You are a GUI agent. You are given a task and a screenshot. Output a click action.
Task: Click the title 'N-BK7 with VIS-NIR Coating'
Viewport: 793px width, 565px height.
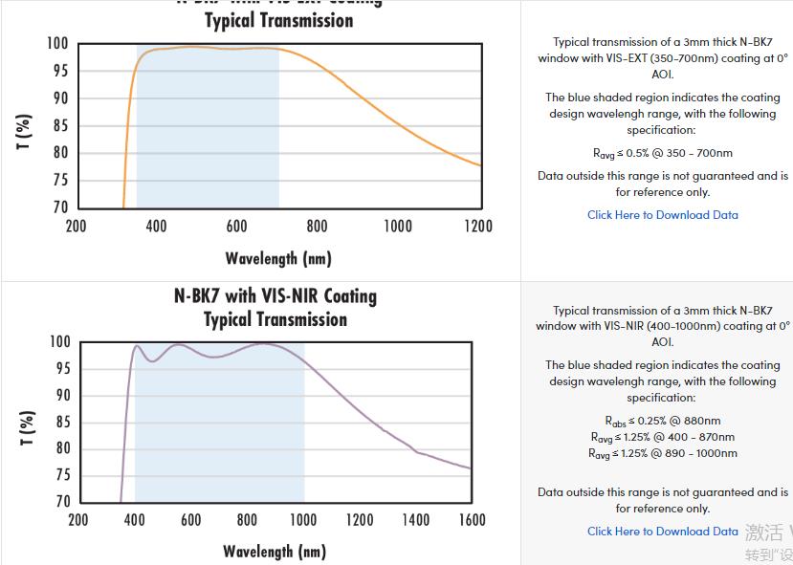coord(275,295)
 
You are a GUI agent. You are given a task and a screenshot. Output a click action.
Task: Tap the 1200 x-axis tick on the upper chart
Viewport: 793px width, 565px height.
coord(478,227)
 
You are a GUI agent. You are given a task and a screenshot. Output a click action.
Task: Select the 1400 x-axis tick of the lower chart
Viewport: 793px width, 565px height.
coord(416,520)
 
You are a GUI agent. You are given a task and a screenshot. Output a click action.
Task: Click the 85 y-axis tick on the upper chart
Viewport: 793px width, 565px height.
coord(60,125)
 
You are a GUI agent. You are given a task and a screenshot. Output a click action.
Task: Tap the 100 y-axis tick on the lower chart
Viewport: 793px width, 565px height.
coord(58,342)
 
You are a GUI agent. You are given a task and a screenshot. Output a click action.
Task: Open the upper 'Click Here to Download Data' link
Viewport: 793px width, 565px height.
coord(662,215)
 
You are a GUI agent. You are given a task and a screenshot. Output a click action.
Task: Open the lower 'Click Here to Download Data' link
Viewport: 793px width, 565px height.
coord(662,532)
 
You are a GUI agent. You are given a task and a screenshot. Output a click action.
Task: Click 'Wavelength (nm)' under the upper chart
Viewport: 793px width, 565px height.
coord(278,258)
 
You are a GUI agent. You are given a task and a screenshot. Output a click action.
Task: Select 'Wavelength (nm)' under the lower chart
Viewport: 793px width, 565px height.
coord(275,551)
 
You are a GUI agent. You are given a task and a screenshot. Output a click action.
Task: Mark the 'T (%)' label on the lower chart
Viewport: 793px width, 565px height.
coord(26,427)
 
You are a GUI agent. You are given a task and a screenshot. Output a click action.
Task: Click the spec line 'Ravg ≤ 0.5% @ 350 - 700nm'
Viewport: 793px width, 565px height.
coord(662,153)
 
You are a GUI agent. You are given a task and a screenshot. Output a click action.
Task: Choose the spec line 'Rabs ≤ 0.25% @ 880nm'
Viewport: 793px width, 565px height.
coord(662,421)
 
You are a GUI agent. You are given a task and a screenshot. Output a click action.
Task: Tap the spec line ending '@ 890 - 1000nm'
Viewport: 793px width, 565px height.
coord(662,454)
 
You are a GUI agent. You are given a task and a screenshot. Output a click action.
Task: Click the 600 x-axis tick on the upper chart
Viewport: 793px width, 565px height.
coord(236,227)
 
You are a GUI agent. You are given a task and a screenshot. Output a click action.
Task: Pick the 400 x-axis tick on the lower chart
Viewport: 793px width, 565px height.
coord(134,520)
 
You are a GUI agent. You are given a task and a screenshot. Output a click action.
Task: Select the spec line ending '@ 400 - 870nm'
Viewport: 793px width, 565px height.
coord(662,437)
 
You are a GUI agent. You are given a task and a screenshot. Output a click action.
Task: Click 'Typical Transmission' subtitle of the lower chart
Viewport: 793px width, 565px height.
coord(275,319)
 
